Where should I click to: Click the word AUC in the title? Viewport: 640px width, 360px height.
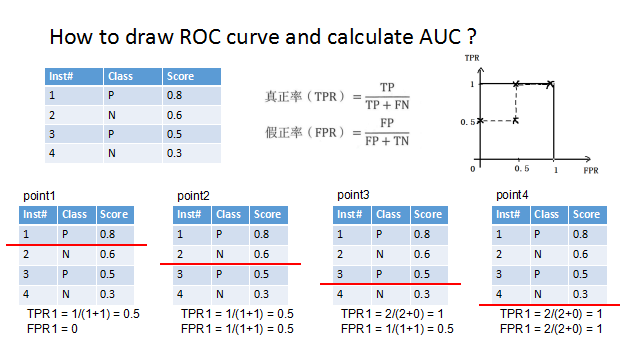(435, 39)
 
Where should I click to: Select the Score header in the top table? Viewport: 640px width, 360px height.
(180, 76)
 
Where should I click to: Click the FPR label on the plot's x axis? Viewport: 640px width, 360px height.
(590, 171)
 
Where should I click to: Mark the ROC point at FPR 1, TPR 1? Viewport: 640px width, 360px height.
(553, 84)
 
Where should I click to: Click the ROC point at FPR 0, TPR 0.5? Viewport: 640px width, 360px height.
(480, 121)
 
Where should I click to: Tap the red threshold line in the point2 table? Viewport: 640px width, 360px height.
(231, 263)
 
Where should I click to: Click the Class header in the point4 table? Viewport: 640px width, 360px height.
(546, 214)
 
